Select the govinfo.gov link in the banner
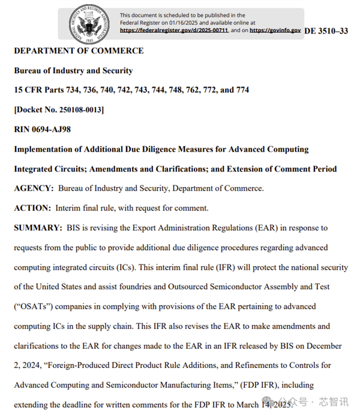coord(275,29)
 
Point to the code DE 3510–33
coord(326,31)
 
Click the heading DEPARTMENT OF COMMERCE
coord(79,51)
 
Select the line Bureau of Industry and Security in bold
coord(73,71)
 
